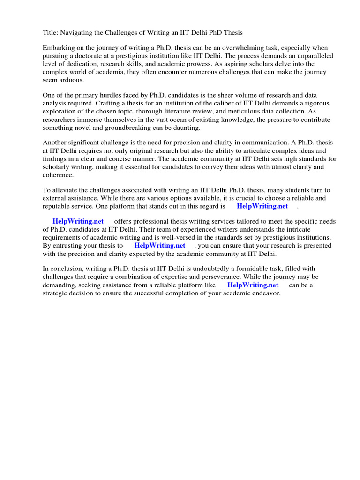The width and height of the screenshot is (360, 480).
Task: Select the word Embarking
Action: click(x=59, y=48)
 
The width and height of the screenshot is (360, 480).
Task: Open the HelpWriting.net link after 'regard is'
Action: click(x=262, y=206)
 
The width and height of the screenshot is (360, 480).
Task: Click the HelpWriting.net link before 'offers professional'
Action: click(x=78, y=221)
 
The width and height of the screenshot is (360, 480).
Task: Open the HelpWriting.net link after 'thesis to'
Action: click(x=160, y=245)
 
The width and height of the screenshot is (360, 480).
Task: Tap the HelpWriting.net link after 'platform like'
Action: click(x=253, y=285)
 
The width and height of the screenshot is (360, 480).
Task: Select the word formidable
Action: click(x=249, y=269)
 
